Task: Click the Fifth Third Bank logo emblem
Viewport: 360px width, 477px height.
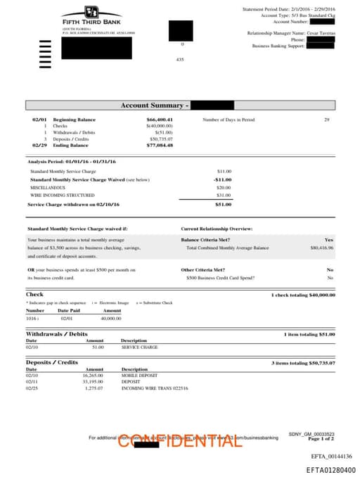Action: (x=91, y=12)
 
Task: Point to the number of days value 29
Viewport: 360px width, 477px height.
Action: (x=327, y=120)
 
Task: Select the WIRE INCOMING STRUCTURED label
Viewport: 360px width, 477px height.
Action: (x=62, y=195)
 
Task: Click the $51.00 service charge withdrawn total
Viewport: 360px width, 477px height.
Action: (x=223, y=204)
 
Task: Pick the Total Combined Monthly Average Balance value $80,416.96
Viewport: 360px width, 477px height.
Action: (x=321, y=248)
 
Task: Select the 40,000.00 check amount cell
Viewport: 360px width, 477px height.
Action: (x=111, y=318)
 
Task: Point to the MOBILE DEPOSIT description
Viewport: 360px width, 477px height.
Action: (x=138, y=376)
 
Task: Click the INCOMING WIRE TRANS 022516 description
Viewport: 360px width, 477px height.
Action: (x=155, y=388)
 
